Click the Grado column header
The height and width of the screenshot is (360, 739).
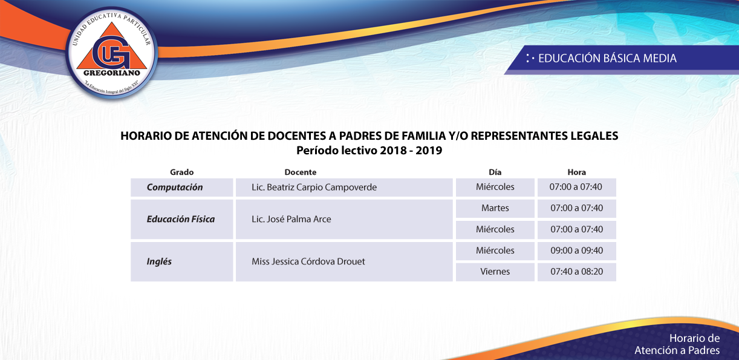pyautogui.click(x=182, y=172)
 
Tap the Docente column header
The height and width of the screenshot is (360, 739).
pyautogui.click(x=300, y=172)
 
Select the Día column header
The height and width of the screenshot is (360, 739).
pyautogui.click(x=495, y=172)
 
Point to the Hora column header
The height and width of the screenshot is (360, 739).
pyautogui.click(x=577, y=172)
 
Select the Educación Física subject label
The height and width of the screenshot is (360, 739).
pyautogui.click(x=181, y=219)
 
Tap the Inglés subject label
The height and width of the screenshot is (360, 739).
pyautogui.click(x=159, y=261)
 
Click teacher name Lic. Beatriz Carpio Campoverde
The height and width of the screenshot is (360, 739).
pyautogui.click(x=314, y=187)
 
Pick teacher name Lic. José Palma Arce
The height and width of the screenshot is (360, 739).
pyautogui.click(x=291, y=219)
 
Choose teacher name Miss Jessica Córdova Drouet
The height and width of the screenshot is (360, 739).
pyautogui.click(x=308, y=261)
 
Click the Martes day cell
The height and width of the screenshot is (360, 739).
pyautogui.click(x=495, y=208)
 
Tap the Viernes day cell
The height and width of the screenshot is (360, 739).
pyautogui.click(x=495, y=272)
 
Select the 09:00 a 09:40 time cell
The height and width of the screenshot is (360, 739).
pyautogui.click(x=577, y=250)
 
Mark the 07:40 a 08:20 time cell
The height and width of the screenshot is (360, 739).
pyautogui.click(x=577, y=272)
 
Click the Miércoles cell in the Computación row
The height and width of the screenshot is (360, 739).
pyautogui.click(x=495, y=187)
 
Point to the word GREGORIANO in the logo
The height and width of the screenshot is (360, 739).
pyautogui.click(x=112, y=73)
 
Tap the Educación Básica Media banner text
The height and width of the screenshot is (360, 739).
pyautogui.click(x=607, y=59)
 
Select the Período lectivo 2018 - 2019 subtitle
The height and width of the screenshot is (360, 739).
pyautogui.click(x=369, y=151)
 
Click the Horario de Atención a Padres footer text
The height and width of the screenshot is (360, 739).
pyautogui.click(x=677, y=344)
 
